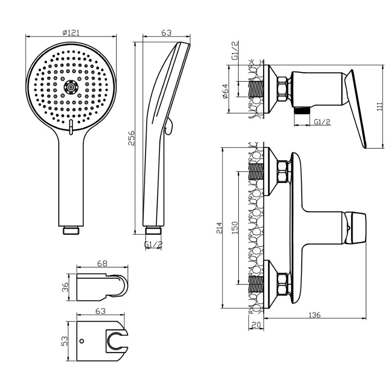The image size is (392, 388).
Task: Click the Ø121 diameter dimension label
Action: pos(71,33)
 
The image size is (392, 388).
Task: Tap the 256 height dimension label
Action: pos(131,138)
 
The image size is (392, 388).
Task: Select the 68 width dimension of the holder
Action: pos(102,263)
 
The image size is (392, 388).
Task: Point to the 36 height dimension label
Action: pos(65,287)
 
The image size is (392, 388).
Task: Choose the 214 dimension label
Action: pos(219,228)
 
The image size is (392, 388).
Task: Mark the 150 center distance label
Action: pos(235,228)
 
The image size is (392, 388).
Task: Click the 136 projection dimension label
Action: pos(314,315)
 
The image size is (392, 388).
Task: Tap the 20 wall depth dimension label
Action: pos(256,325)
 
